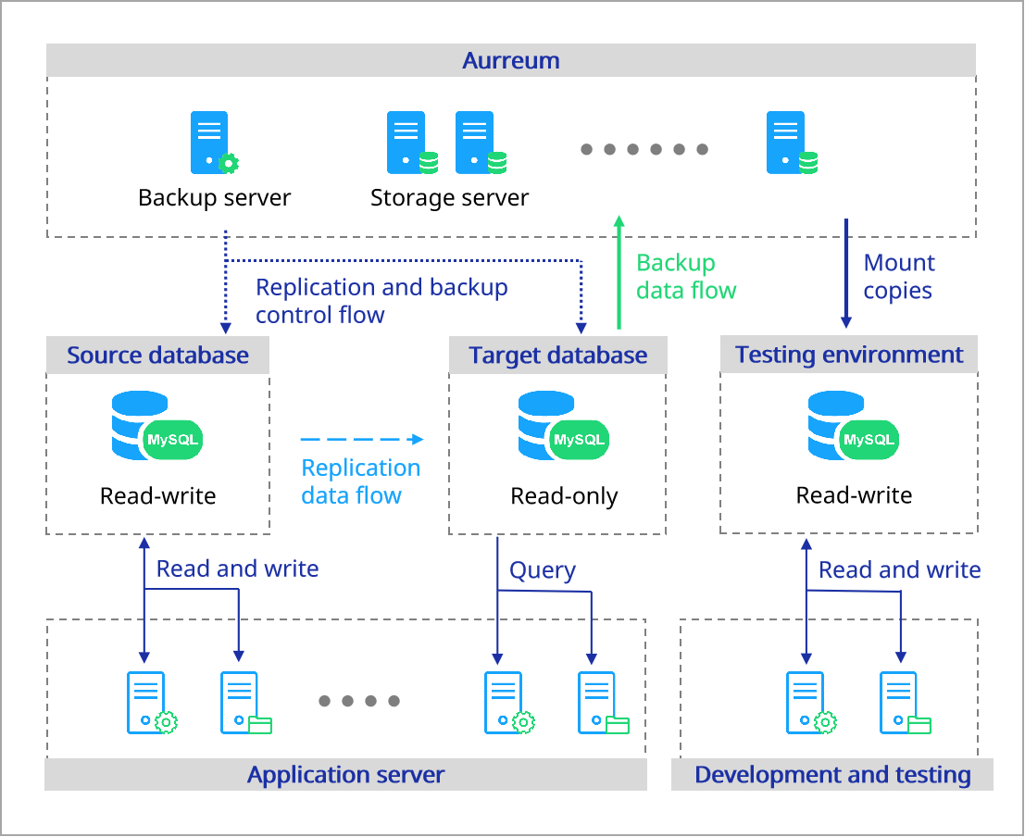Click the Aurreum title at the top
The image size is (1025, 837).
click(x=511, y=61)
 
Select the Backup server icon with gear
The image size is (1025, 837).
click(x=213, y=143)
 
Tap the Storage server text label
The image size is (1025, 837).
click(x=449, y=197)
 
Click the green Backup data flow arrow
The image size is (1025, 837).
click(x=619, y=272)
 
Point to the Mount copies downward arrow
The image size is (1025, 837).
click(x=845, y=272)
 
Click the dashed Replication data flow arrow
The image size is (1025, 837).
click(x=361, y=439)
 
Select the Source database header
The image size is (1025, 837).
click(x=157, y=356)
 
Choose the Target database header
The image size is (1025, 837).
click(x=557, y=356)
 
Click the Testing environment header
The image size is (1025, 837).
click(x=849, y=355)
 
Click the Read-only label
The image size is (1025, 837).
click(x=564, y=496)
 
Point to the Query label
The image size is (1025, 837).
click(x=543, y=570)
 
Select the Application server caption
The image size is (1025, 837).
click(x=345, y=775)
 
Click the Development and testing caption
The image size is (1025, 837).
click(x=832, y=775)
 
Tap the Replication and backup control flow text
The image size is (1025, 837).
click(x=381, y=301)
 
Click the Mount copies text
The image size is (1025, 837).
click(x=898, y=276)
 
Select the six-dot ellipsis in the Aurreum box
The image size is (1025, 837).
click(x=644, y=149)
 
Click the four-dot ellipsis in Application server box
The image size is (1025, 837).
click(x=359, y=701)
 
